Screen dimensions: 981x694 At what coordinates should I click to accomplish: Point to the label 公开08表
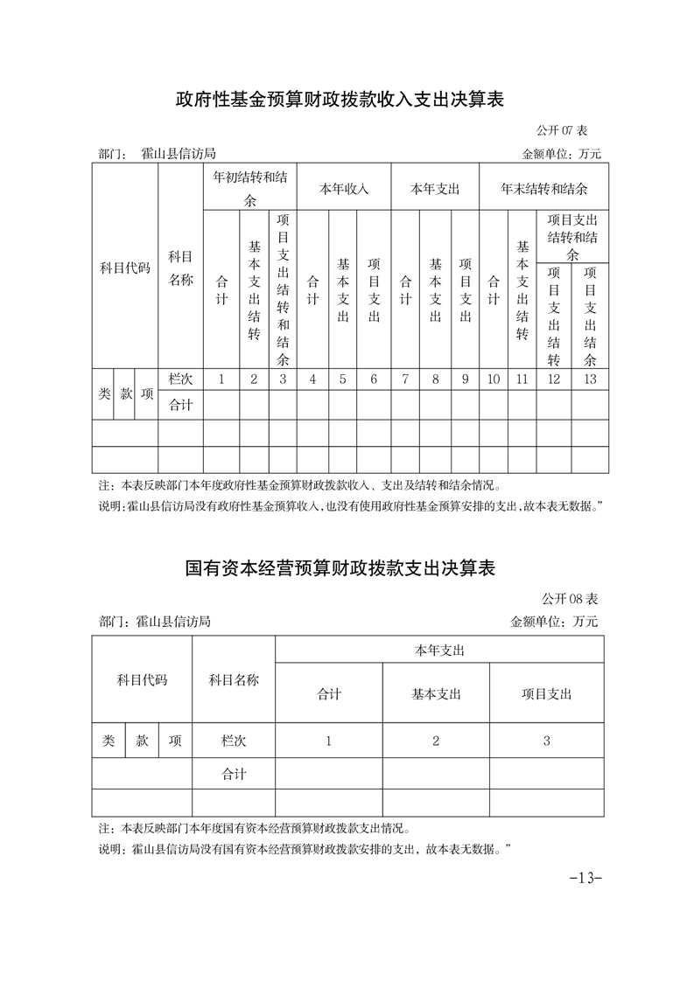tap(569, 599)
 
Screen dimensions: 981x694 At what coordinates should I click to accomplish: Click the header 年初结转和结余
tap(250, 187)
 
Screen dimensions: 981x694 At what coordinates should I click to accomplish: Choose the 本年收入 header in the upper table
tap(344, 188)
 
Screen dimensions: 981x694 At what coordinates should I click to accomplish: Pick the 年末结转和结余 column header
tap(543, 188)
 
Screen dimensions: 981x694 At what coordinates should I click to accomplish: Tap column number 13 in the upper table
tap(590, 379)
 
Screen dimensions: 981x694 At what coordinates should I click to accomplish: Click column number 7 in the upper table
tap(405, 379)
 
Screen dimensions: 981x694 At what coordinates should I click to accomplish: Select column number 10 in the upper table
tap(494, 379)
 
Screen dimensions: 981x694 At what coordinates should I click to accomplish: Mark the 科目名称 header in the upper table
tap(180, 268)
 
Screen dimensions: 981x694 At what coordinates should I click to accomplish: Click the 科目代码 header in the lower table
tap(142, 679)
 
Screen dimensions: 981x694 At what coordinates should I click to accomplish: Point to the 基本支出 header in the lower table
tap(436, 694)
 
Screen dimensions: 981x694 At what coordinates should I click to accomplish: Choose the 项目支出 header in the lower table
tap(546, 694)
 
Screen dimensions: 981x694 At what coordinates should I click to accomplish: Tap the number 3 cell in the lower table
tap(546, 741)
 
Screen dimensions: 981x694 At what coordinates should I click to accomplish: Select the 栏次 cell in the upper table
tap(180, 379)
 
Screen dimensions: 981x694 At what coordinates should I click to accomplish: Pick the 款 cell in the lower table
tap(142, 741)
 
